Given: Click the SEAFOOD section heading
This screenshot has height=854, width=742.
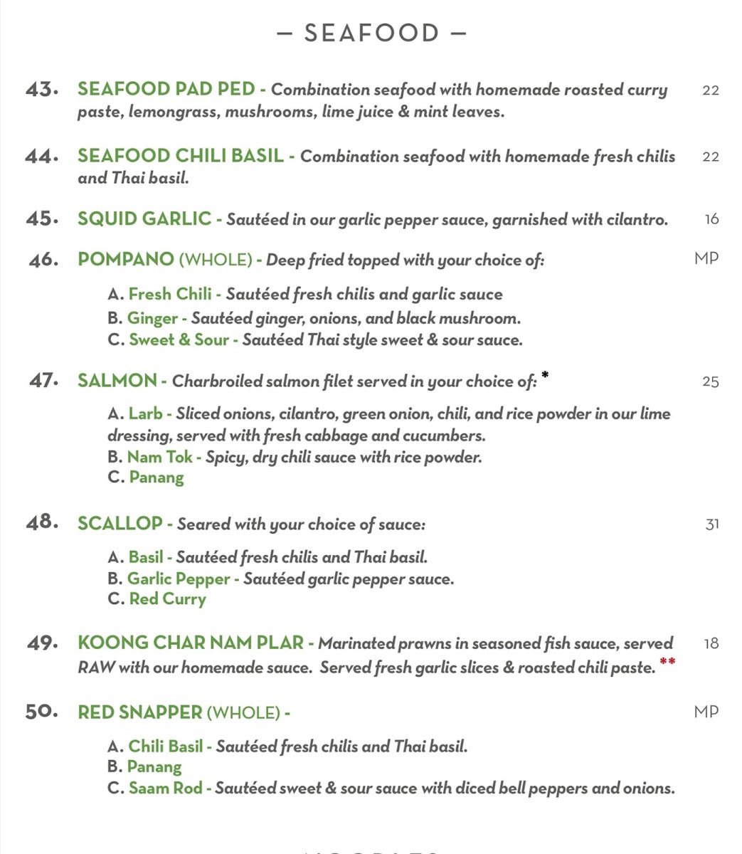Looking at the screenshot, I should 371,33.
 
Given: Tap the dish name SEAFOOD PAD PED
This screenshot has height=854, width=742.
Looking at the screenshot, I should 166,89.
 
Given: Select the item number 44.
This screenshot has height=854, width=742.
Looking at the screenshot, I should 40,157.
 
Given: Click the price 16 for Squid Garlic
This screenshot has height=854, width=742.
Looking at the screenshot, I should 711,219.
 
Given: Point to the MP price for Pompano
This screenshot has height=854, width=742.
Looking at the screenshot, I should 706,258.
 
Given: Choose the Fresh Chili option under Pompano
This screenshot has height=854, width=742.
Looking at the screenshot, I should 170,294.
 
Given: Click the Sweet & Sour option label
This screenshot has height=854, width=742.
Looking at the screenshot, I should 179,340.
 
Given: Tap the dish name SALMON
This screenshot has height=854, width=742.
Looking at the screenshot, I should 117,381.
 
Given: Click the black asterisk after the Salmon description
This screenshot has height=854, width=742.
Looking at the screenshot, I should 545,374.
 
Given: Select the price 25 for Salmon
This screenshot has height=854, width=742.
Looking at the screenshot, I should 710,381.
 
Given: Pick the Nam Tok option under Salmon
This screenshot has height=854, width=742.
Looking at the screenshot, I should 160,457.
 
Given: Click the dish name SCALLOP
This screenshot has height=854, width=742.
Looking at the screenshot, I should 120,524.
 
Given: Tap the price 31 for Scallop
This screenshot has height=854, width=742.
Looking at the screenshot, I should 711,524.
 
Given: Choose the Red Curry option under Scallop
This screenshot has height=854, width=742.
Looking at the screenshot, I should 167,599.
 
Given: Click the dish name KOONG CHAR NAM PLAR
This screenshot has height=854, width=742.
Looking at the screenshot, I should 191,643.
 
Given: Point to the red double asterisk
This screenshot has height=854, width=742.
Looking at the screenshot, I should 667,663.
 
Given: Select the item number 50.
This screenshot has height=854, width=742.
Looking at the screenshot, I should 41,712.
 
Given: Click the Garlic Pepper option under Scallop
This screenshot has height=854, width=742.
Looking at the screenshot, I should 179,579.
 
